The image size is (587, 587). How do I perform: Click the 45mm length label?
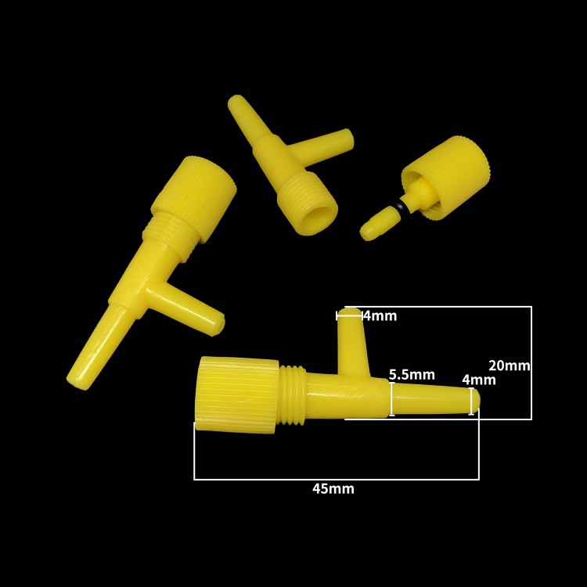pyautogui.click(x=333, y=488)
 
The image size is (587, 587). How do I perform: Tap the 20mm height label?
pyautogui.click(x=510, y=365)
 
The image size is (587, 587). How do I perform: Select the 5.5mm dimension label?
pyautogui.click(x=412, y=374)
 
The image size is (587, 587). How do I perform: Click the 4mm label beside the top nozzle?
pyautogui.click(x=380, y=316)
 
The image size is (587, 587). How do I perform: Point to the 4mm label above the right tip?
pyautogui.click(x=479, y=380)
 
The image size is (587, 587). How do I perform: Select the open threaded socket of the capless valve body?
pyautogui.click(x=309, y=207)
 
